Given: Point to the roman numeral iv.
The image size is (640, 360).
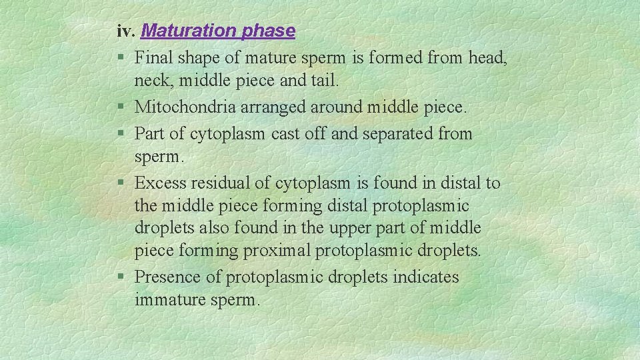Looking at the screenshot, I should pos(127,31).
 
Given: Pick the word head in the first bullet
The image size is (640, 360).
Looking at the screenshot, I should pos(487,58).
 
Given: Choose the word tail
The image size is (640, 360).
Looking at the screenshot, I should pos(325,81).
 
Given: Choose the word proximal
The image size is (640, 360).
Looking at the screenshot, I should pos(279,251).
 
